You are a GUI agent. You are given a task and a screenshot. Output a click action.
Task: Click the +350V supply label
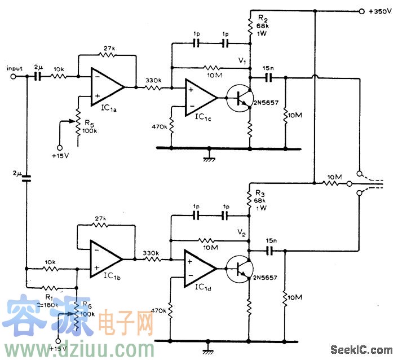tap(379, 11)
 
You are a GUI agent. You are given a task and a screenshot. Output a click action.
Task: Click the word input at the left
tap(14, 68)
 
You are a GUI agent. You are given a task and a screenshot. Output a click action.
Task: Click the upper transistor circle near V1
tap(240, 97)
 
